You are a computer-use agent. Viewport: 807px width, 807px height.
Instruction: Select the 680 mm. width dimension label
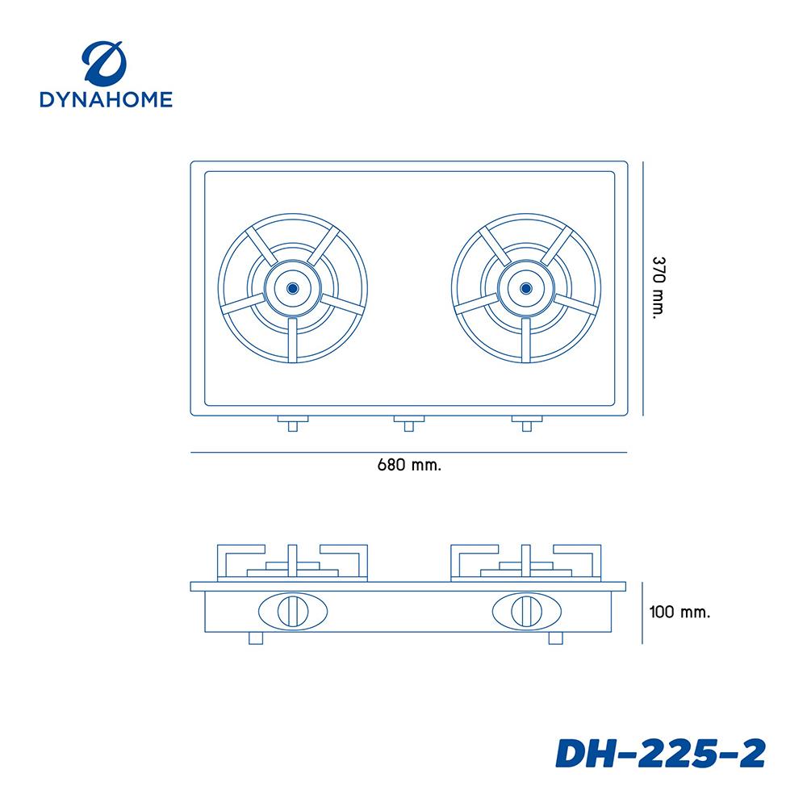pos(409,466)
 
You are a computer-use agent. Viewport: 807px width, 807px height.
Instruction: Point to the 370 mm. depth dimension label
pos(659,289)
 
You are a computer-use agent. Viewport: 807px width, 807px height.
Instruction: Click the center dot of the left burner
pos(292,287)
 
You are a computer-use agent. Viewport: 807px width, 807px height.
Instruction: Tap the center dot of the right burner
pos(526,287)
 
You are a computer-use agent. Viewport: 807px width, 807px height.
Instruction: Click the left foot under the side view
pos(257,639)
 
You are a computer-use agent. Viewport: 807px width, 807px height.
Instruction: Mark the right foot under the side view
pos(555,639)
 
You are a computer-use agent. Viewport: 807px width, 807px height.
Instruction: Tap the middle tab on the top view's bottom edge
pos(409,422)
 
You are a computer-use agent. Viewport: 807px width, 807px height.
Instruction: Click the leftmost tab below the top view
pos(292,422)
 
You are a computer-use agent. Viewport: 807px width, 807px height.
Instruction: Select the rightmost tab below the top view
pos(526,422)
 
